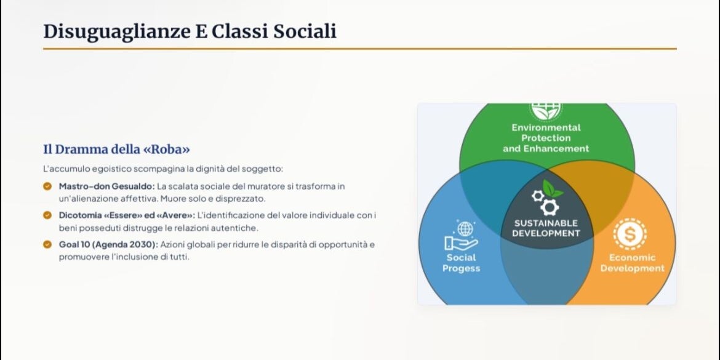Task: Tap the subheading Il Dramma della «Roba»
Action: (117, 150)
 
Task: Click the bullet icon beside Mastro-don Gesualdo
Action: (47, 186)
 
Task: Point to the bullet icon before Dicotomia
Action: (47, 215)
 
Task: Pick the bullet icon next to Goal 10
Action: (47, 244)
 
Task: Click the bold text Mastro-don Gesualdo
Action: (106, 186)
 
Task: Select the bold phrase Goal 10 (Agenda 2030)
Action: (108, 244)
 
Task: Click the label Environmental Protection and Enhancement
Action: (545, 138)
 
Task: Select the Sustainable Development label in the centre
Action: (546, 228)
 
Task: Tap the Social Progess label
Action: (462, 263)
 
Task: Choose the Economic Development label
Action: (632, 263)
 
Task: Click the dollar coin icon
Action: (630, 234)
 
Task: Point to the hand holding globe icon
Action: (462, 235)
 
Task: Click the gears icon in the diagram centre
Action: (545, 202)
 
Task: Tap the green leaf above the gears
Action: (553, 188)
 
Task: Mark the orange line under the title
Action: (360, 49)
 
